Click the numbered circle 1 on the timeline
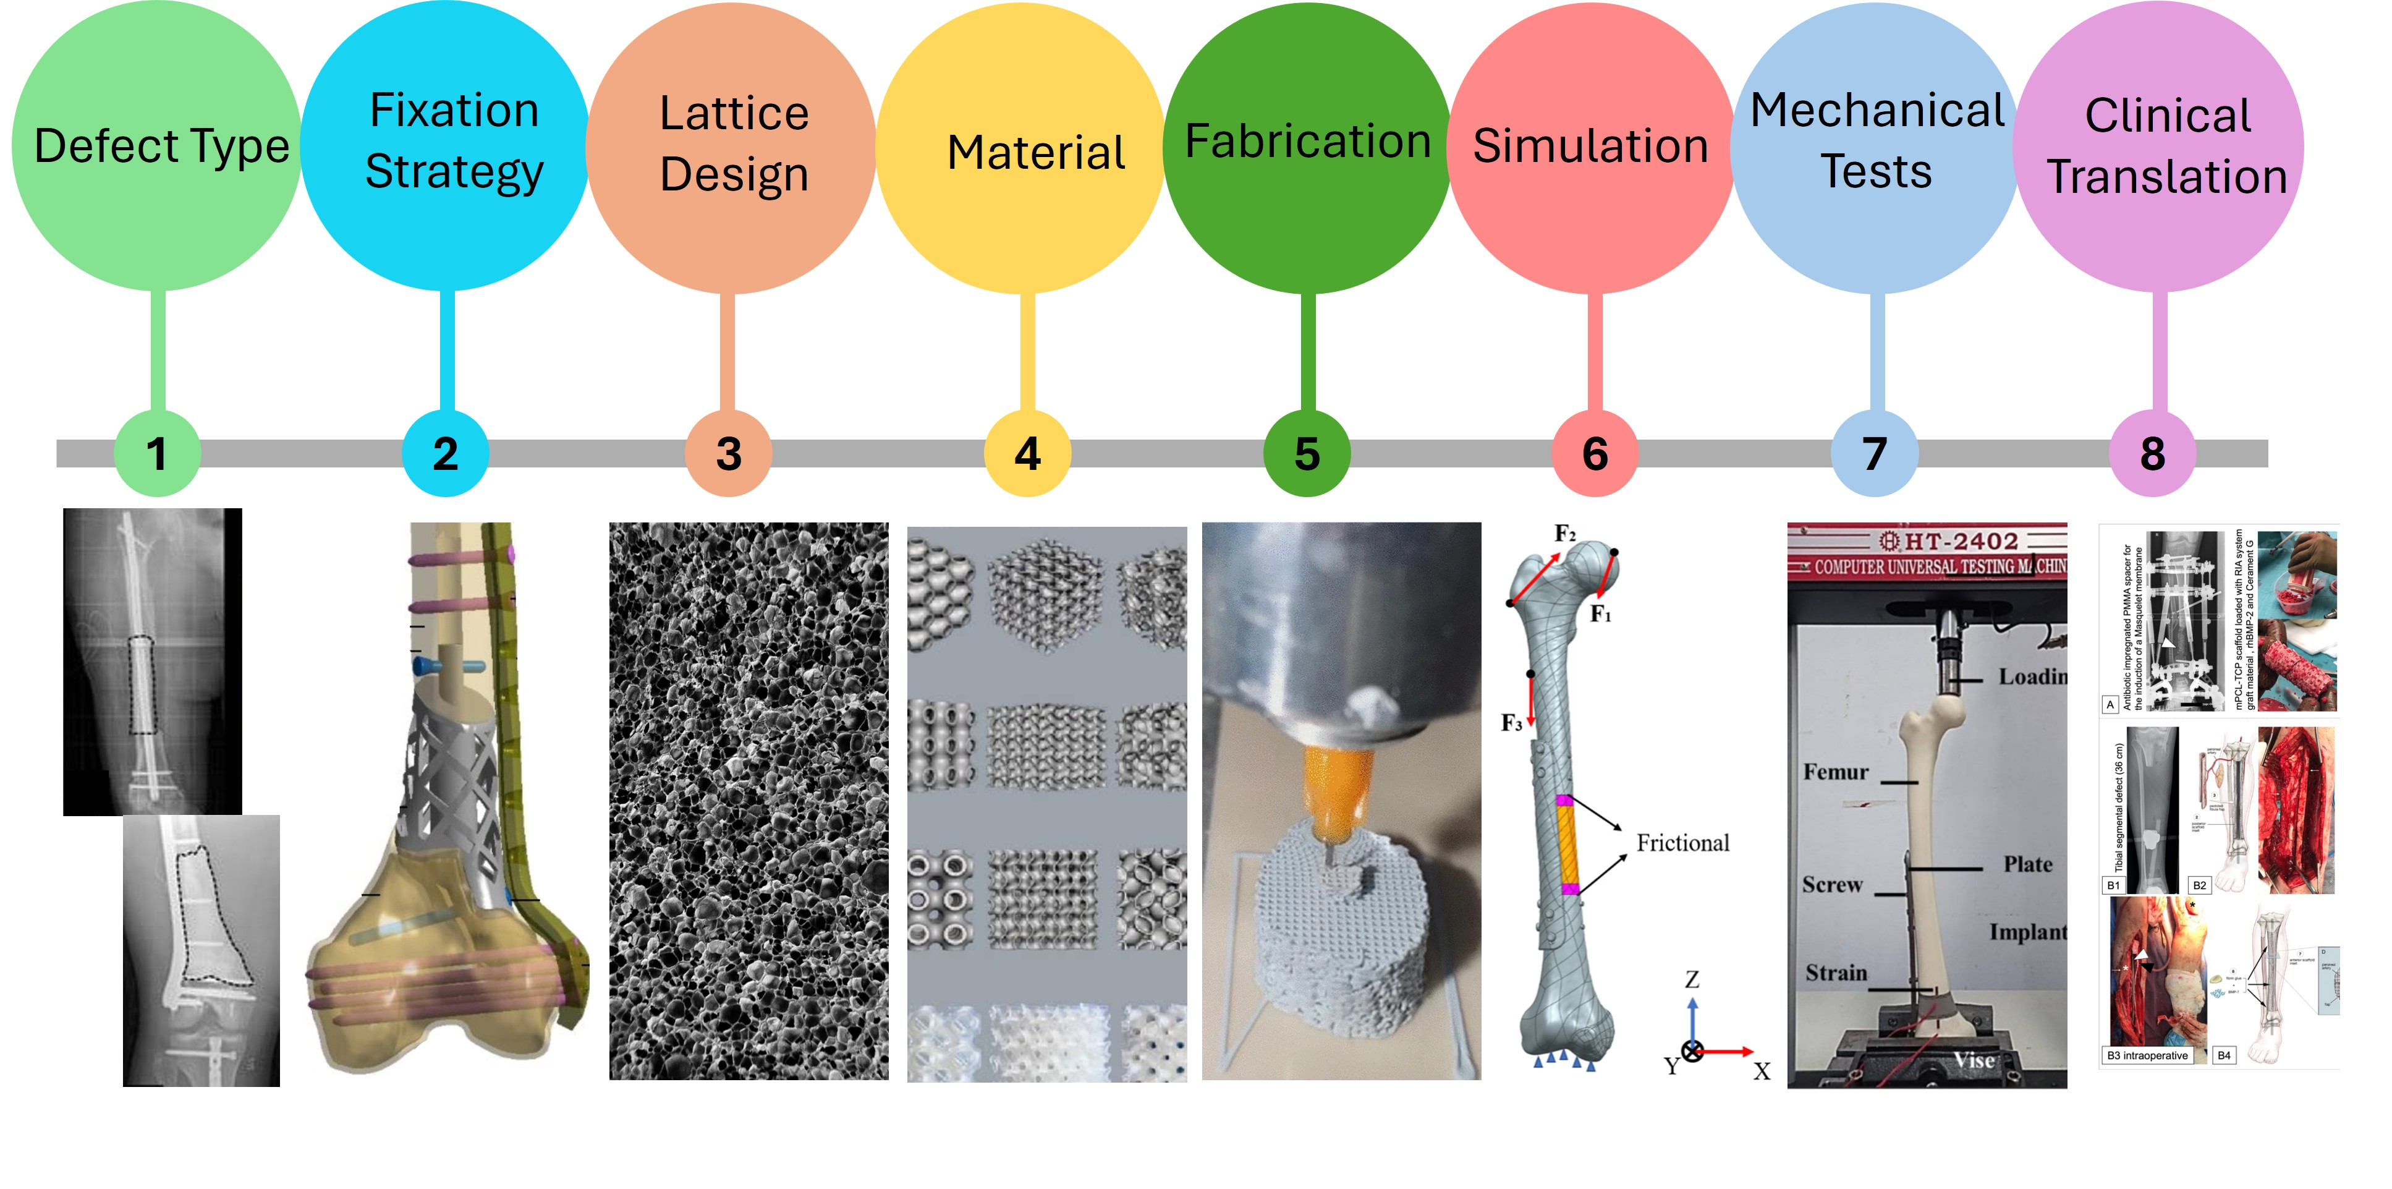pos(157,453)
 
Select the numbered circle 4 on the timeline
pos(1027,453)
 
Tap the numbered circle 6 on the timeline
pos(1594,453)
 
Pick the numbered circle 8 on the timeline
pos(2152,453)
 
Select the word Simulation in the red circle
pos(1590,146)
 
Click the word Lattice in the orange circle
pos(734,113)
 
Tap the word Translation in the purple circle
pos(2166,176)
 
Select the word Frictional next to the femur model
pos(1682,843)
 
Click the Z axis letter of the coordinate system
pos(1692,979)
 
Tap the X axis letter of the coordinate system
pos(1762,1071)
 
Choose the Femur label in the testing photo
pos(1836,772)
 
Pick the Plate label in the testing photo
pos(2028,864)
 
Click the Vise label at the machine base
pos(1973,1060)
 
